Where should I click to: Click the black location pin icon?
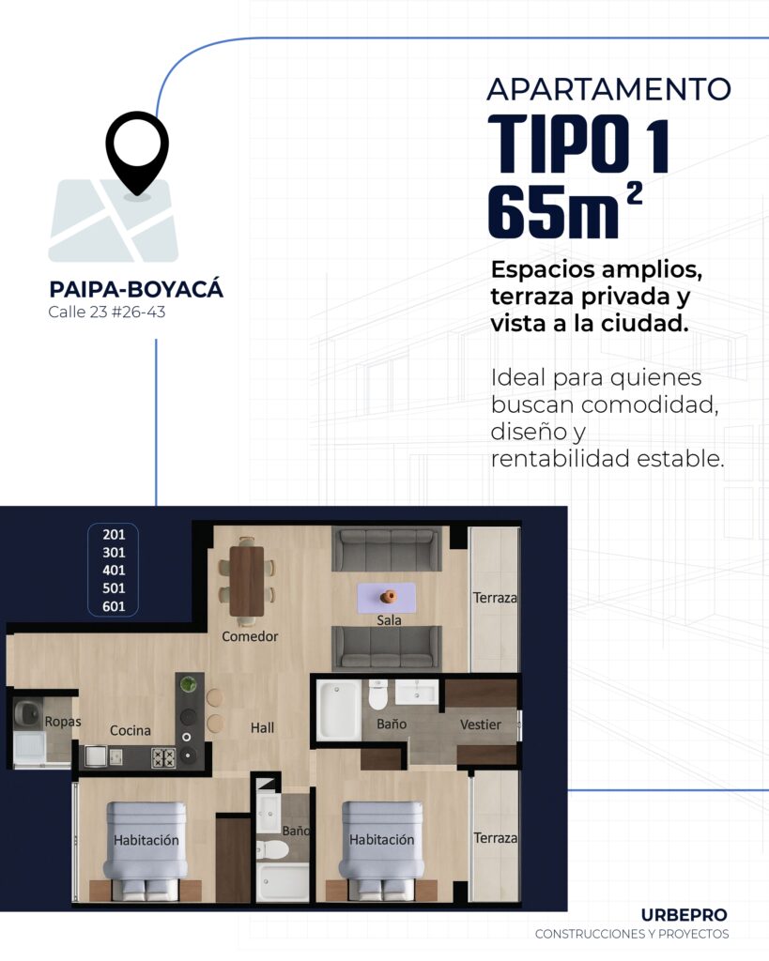(137, 150)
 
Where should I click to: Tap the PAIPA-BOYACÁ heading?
(136, 289)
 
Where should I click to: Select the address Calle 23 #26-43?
(107, 313)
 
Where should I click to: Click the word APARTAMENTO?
(608, 89)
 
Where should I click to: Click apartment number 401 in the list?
(114, 570)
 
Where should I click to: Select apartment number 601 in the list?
(114, 606)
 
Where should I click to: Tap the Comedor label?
(250, 636)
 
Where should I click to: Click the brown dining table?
(247, 580)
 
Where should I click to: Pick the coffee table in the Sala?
(386, 597)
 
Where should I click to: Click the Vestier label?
(480, 725)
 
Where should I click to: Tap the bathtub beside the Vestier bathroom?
(339, 709)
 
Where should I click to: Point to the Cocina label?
(131, 730)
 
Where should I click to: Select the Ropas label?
(63, 722)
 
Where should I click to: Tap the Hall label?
(262, 727)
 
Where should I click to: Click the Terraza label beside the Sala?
(495, 597)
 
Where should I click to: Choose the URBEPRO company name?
(684, 914)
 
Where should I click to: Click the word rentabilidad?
(561, 460)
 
